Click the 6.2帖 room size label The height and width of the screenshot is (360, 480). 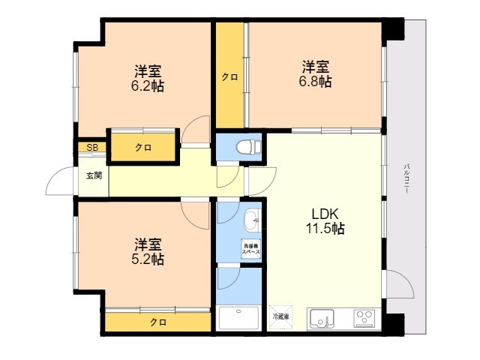(148, 79)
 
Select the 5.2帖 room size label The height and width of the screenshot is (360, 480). (148, 252)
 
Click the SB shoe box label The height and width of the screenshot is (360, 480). (91, 148)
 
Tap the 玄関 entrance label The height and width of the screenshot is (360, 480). (93, 175)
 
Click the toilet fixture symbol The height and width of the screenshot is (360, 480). (245, 146)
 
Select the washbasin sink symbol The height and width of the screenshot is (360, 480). (252, 219)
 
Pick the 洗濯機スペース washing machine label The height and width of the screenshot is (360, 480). (250, 250)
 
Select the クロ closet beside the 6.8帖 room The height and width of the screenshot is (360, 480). (230, 76)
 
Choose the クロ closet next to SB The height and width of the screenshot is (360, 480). (143, 148)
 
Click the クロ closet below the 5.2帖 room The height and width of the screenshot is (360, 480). (157, 322)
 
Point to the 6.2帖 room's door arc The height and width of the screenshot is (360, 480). (196, 129)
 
